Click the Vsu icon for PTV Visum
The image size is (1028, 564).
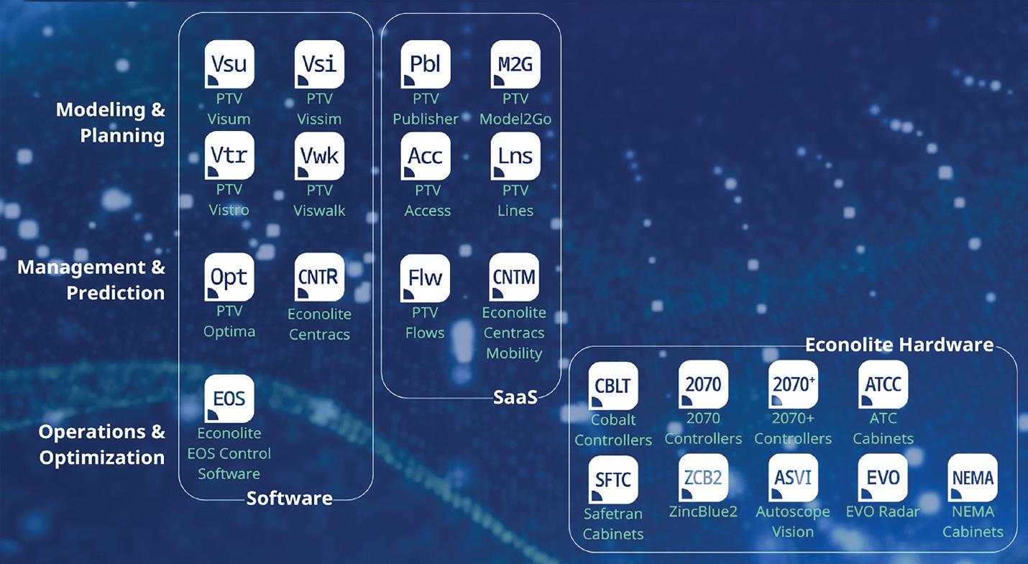pyautogui.click(x=229, y=64)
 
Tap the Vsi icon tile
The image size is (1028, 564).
pyautogui.click(x=319, y=64)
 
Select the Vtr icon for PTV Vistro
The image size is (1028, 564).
pyautogui.click(x=229, y=155)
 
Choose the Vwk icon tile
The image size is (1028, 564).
pyautogui.click(x=319, y=155)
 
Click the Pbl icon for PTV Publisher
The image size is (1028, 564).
pyautogui.click(x=425, y=64)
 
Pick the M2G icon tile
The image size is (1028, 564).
pyautogui.click(x=515, y=64)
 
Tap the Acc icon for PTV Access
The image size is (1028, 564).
pyautogui.click(x=425, y=155)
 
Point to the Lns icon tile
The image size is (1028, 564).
pyautogui.click(x=515, y=155)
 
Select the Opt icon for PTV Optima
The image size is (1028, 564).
pyautogui.click(x=229, y=277)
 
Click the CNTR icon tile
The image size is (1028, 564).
pyautogui.click(x=319, y=277)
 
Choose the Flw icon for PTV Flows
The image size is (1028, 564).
pyautogui.click(x=425, y=278)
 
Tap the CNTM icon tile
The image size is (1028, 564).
pyautogui.click(x=514, y=277)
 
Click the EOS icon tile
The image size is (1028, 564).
pyautogui.click(x=229, y=399)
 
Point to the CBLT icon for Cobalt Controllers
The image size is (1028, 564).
pyautogui.click(x=613, y=386)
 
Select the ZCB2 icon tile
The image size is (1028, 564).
pyautogui.click(x=703, y=478)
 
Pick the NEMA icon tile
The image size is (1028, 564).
pyautogui.click(x=973, y=478)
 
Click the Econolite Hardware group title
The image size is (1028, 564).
pyautogui.click(x=899, y=345)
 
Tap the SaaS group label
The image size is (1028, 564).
pyautogui.click(x=515, y=397)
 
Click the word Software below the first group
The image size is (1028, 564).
pyautogui.click(x=290, y=499)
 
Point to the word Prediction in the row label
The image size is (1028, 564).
pyautogui.click(x=116, y=293)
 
